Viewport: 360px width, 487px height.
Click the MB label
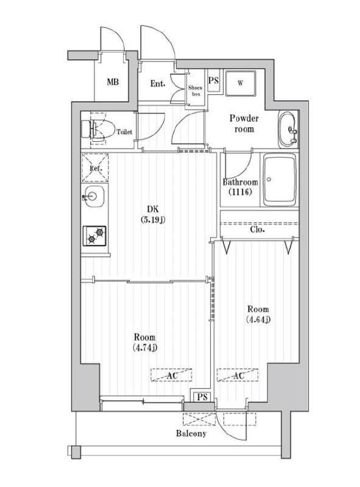point(113,82)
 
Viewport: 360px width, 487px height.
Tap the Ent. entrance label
point(158,84)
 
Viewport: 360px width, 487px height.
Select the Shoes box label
point(195,91)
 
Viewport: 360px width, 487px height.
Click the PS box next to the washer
point(214,80)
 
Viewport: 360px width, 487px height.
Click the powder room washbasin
point(287,130)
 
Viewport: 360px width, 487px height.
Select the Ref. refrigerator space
point(94,168)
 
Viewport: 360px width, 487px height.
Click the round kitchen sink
point(94,197)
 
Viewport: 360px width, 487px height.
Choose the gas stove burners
point(94,234)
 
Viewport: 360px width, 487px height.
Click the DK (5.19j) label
point(150,215)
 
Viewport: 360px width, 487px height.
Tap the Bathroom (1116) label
point(240,187)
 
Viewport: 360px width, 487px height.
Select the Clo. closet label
point(256,231)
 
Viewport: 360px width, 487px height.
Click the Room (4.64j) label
point(258,314)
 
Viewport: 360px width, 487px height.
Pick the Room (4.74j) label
point(145,342)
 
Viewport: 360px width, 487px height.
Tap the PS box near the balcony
point(200,397)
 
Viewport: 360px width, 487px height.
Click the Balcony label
point(191,433)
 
